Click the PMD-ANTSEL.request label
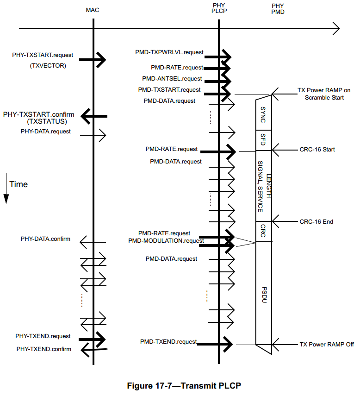click(172, 79)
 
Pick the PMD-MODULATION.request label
click(166, 240)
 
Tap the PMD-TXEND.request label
click(168, 341)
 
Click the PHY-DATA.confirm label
click(45, 239)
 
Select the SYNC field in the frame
click(263, 114)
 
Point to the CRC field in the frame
click(263, 232)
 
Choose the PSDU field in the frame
click(263, 294)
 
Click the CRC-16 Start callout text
click(317, 150)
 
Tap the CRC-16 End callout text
click(316, 222)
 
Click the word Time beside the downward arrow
click(19, 184)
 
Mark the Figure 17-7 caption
click(184, 385)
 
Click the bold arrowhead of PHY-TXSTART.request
click(101, 59)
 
